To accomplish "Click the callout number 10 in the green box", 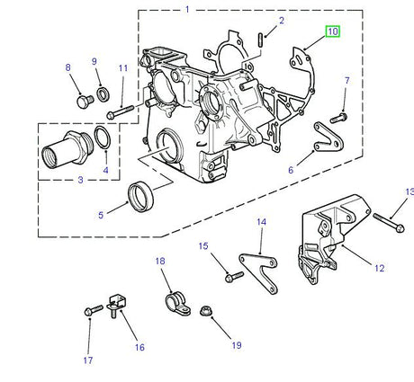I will click(x=333, y=31).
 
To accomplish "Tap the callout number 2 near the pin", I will click(x=281, y=21).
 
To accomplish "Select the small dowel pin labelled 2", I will click(x=260, y=38).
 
